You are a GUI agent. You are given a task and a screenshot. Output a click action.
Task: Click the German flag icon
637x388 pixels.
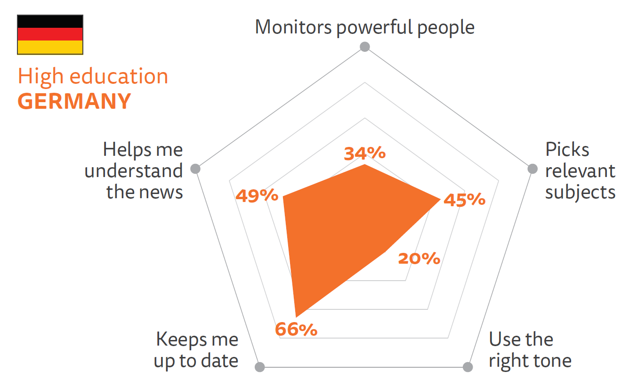(50, 34)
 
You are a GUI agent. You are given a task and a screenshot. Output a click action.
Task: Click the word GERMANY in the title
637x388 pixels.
(74, 101)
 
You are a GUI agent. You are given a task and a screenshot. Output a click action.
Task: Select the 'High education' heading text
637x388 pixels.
(93, 77)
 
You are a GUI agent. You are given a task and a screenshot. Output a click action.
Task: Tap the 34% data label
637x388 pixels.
(365, 153)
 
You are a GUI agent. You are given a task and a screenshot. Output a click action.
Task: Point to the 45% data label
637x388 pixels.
(464, 200)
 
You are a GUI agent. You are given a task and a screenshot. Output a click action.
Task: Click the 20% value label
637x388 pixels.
(419, 259)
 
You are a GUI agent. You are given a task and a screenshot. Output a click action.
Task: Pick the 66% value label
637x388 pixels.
(296, 330)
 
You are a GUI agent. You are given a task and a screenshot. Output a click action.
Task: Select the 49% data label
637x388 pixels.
(257, 195)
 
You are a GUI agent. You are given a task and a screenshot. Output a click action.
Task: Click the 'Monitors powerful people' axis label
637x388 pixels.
(364, 27)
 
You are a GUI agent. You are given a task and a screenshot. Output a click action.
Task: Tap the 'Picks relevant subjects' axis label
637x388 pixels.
(580, 170)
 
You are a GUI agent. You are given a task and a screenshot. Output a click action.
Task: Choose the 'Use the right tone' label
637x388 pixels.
(530, 350)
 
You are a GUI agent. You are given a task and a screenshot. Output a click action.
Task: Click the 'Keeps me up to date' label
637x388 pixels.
(196, 350)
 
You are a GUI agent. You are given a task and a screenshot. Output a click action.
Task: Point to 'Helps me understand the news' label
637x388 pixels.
(134, 170)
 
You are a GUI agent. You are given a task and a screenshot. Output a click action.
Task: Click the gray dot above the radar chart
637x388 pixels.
(364, 47)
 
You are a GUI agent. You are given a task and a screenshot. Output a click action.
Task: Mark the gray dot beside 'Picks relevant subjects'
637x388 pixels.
(532, 169)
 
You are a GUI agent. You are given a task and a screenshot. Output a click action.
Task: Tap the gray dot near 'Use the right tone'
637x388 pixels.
(468, 367)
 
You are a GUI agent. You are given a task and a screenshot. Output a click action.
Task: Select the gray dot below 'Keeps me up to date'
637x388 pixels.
(260, 367)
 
